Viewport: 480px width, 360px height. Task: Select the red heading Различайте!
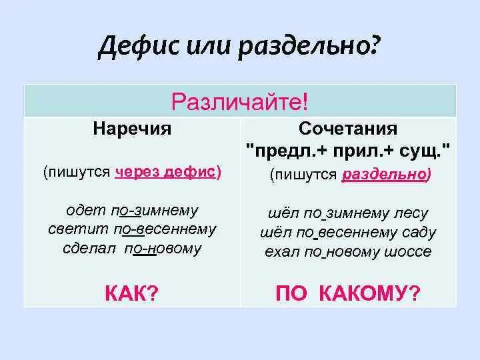[239, 103]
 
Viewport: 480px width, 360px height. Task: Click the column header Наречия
[132, 129]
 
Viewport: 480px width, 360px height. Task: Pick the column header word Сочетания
[349, 129]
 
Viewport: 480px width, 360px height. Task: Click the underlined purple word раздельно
[385, 175]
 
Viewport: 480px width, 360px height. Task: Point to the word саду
[419, 233]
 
